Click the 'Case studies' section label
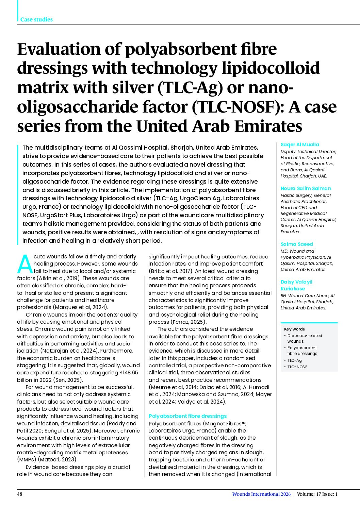36,19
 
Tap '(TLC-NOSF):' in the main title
239,107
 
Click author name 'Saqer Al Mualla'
300,145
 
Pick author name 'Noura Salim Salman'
306,188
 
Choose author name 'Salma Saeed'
296,244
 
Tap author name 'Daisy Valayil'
296,282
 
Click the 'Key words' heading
294,329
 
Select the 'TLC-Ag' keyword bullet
294,360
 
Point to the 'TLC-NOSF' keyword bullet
297,367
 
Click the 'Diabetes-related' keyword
305,336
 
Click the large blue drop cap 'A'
24,264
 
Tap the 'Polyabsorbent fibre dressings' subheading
187,416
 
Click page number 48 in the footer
20,494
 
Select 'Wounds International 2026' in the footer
261,494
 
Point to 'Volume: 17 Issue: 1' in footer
317,494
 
